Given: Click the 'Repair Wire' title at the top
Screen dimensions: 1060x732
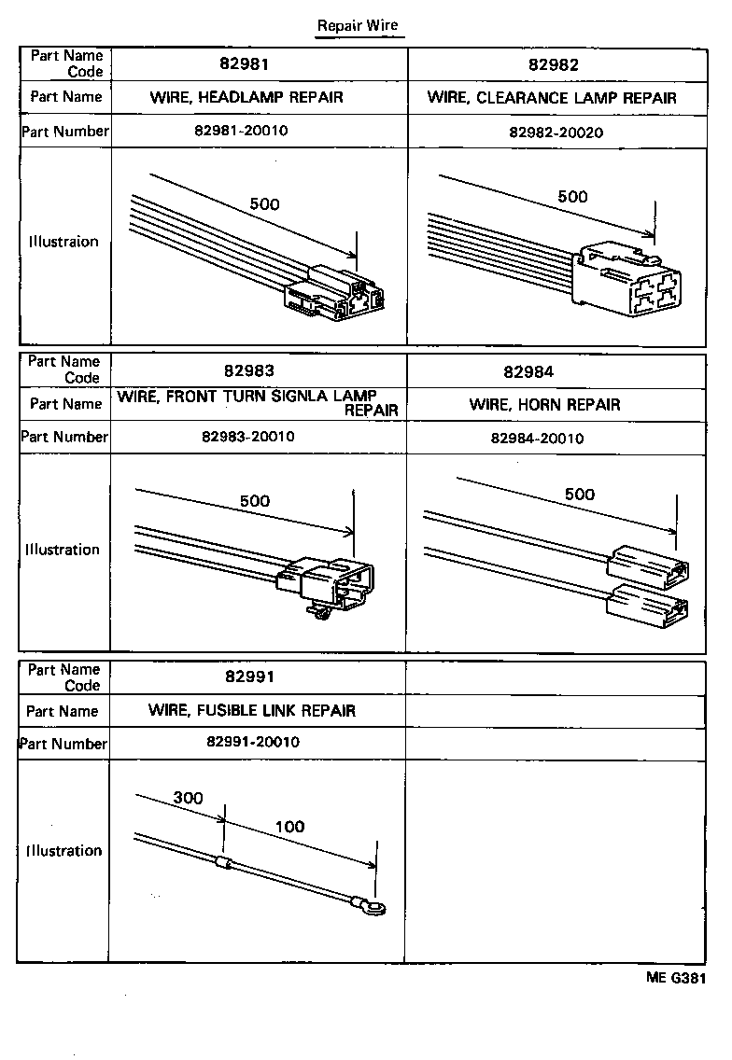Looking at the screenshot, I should coord(358,25).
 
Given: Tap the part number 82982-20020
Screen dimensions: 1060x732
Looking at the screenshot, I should coord(556,132).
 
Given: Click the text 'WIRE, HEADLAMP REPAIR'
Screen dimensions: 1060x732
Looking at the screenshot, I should coord(246,97).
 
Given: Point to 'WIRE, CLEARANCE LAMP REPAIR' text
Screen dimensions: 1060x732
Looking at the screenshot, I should coord(552,97).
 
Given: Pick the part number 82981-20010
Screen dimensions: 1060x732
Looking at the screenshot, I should coord(242,131).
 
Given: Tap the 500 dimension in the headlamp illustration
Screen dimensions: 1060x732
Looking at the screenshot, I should coord(264,204).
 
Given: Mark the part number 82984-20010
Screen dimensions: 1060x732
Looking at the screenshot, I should coord(537,439).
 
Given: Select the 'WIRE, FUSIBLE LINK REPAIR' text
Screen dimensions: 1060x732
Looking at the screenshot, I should coord(251,710).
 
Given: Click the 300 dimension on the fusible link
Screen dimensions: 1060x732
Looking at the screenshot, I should coord(187,799).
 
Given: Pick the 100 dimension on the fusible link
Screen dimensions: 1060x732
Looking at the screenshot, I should coord(289,827).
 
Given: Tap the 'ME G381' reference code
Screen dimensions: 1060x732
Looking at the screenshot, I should coord(675,978).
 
